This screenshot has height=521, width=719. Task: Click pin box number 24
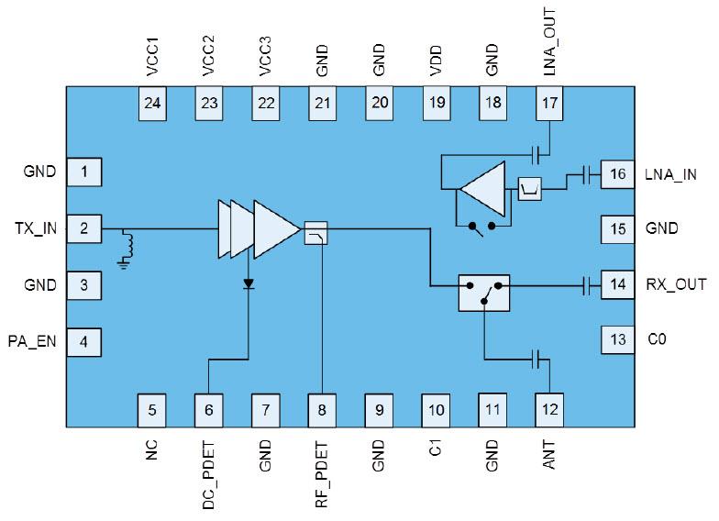coord(153,104)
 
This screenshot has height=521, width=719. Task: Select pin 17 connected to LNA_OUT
coord(549,104)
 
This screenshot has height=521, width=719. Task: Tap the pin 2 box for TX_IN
coord(83,228)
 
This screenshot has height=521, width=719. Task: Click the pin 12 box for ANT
coord(549,407)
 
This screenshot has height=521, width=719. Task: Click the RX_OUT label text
coord(677,284)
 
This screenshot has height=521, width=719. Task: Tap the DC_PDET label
coord(209,476)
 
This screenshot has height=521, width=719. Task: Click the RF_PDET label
coord(322,476)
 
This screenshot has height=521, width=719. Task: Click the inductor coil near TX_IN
coord(128,244)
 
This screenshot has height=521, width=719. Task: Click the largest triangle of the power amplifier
coord(276,228)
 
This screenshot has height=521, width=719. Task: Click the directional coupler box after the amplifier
coord(315,234)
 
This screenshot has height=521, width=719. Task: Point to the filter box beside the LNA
coord(530,189)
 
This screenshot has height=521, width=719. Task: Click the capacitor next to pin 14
coord(585,285)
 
